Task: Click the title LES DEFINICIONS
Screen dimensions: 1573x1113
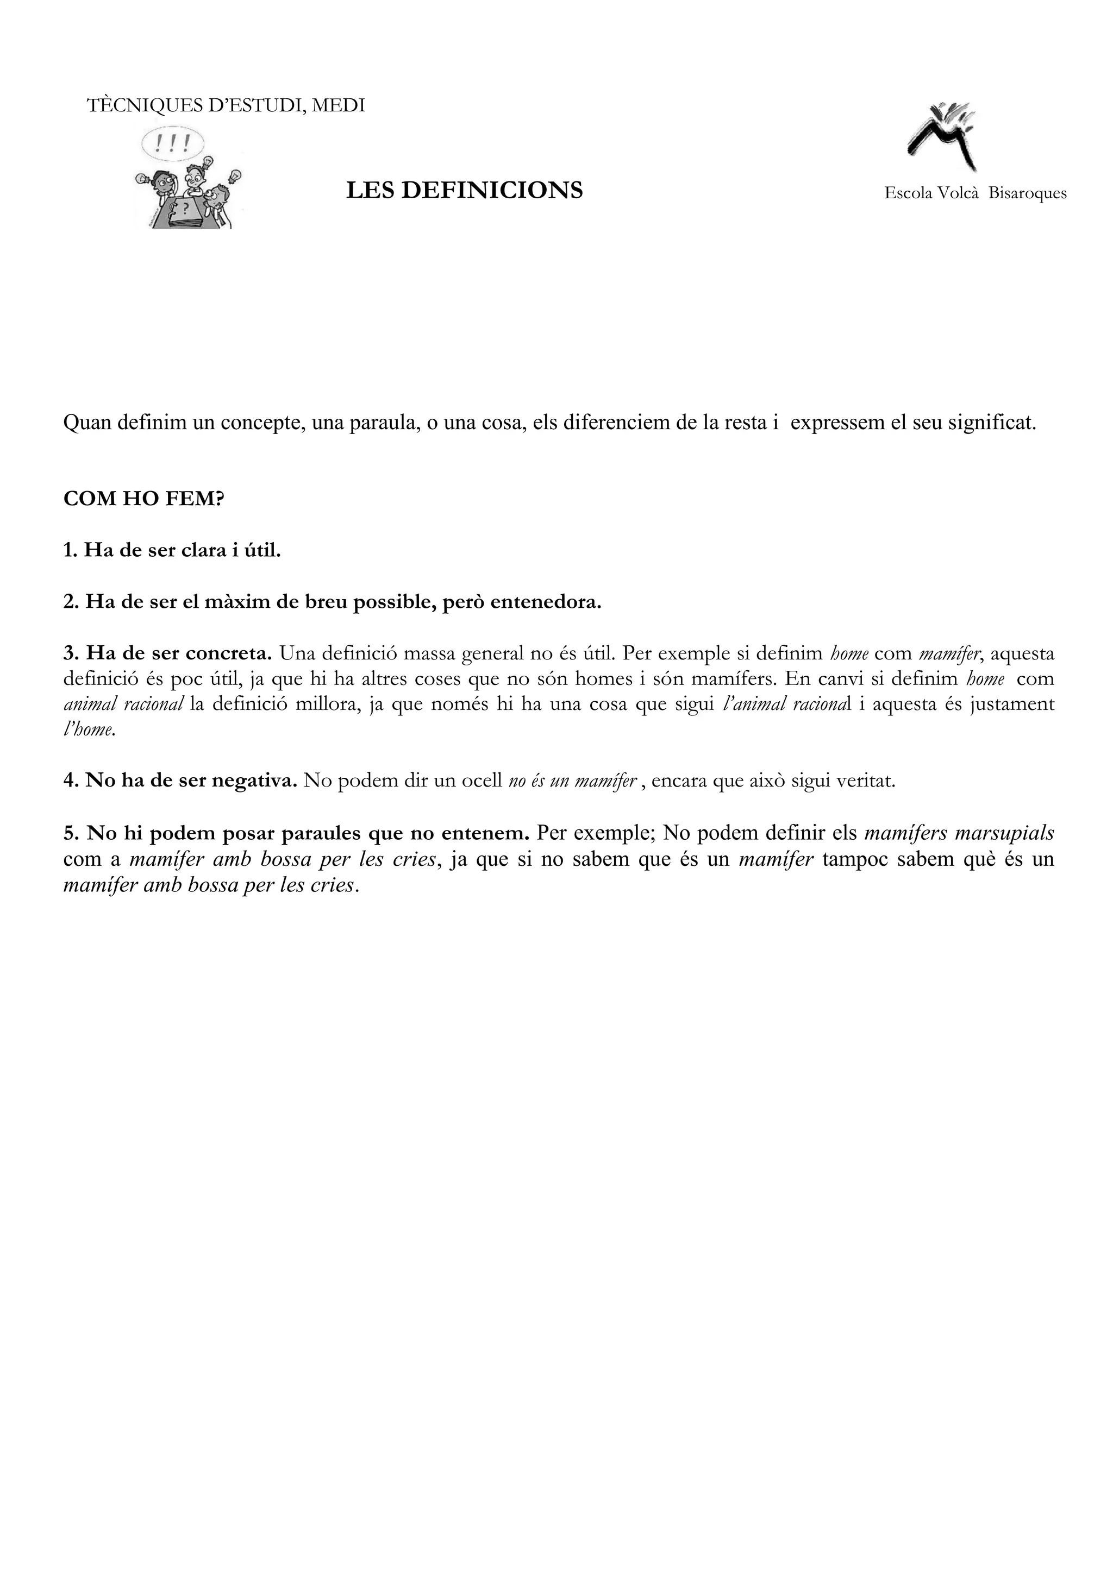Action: coord(464,191)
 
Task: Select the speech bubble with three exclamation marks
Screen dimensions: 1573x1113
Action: coord(173,144)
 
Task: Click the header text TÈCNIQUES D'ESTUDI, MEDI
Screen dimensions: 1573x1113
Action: coord(226,105)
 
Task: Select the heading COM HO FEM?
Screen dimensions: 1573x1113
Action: coord(144,498)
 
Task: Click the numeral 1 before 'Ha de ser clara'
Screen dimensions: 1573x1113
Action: coord(68,550)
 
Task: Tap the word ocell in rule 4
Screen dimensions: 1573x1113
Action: coord(482,781)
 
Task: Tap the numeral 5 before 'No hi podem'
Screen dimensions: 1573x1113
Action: coord(68,833)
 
